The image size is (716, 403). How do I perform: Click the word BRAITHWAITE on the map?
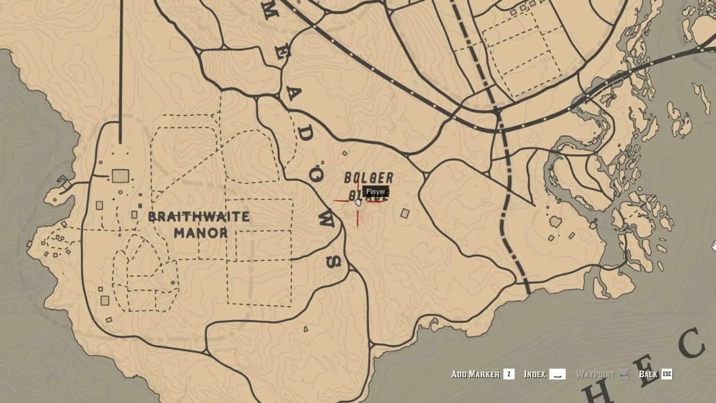199,217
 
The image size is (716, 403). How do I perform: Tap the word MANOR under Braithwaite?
201,233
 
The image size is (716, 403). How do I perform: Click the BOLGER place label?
369,178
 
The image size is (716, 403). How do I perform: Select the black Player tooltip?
375,192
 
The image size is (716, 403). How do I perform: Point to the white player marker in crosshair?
358,203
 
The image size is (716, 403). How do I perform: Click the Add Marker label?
475,374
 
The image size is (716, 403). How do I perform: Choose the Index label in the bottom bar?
534,374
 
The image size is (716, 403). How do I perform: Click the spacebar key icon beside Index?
557,374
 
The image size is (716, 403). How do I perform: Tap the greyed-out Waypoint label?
595,374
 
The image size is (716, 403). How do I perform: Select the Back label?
648,374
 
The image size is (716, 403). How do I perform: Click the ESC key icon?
667,374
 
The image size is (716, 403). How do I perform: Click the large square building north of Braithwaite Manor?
120,176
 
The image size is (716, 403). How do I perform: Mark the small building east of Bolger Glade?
405,213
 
